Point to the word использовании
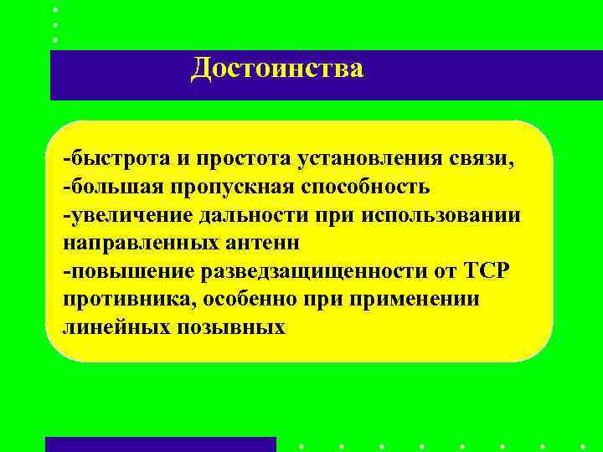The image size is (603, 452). (x=443, y=214)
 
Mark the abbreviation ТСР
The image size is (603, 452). (x=491, y=271)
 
